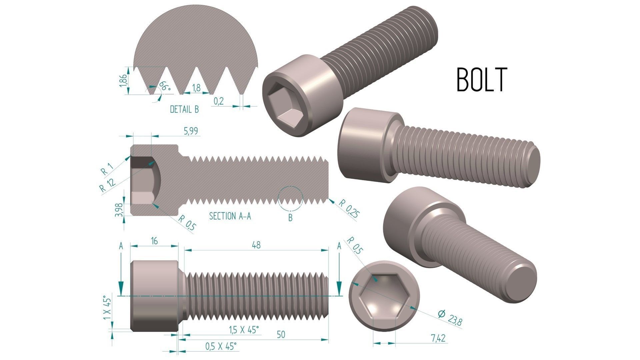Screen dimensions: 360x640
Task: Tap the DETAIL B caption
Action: click(184, 109)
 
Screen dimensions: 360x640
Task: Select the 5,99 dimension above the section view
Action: click(191, 131)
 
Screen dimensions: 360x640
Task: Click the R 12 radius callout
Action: click(108, 185)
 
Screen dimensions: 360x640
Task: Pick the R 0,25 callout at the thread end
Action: click(349, 209)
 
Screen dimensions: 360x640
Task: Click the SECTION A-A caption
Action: click(230, 216)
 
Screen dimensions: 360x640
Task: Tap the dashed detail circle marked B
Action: click(290, 199)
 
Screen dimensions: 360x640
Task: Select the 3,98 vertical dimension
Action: click(119, 210)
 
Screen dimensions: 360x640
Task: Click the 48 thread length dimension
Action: click(256, 245)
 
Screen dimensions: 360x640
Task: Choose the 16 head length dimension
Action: click(154, 241)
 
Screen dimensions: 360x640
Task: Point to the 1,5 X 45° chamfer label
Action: click(244, 330)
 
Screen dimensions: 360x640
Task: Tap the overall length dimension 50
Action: click(281, 334)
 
